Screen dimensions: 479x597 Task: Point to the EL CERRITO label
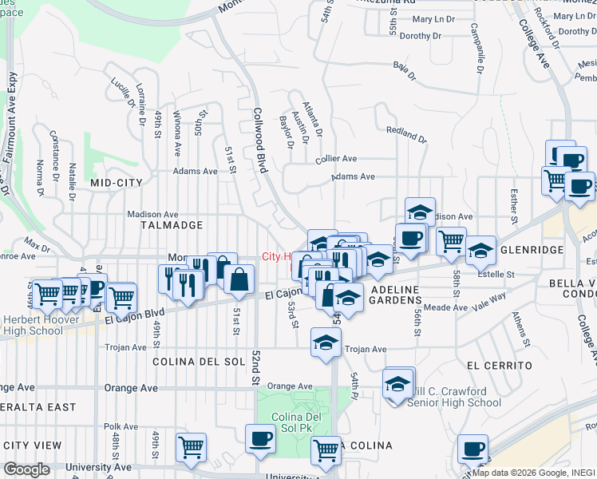tap(500, 365)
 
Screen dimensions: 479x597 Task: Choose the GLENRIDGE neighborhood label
tap(532, 250)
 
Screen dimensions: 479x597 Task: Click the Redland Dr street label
tap(406, 133)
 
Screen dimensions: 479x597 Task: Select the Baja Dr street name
tap(404, 73)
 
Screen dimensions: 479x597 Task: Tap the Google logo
tap(26, 469)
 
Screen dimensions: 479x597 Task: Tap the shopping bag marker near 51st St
tap(239, 279)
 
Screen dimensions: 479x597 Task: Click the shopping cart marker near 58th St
tap(451, 240)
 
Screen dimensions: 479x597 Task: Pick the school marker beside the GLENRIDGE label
tap(480, 250)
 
